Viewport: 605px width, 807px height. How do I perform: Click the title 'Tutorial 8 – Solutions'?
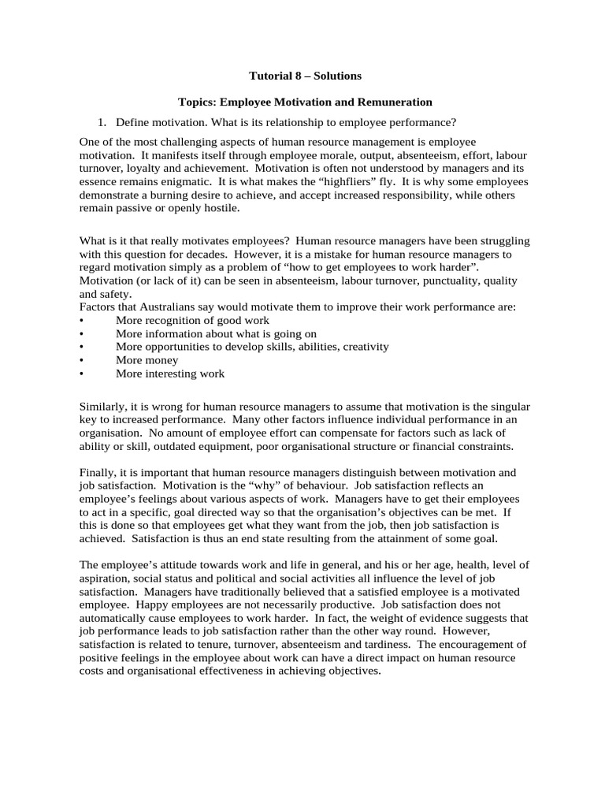click(305, 76)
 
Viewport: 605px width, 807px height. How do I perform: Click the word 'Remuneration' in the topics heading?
click(395, 102)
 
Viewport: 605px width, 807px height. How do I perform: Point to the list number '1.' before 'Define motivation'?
click(101, 122)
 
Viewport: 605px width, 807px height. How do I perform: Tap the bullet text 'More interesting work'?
click(169, 374)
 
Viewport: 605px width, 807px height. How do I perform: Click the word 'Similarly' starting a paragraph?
click(104, 407)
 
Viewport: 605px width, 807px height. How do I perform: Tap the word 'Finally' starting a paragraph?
click(98, 472)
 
